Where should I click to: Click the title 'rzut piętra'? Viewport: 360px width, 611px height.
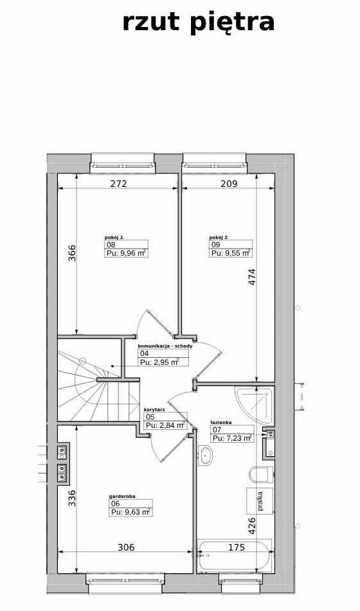[x=199, y=22]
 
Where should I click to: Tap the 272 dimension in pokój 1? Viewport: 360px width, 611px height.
[x=118, y=184]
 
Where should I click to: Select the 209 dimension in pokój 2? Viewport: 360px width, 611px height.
[x=229, y=184]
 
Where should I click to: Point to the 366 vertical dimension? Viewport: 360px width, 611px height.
[x=72, y=252]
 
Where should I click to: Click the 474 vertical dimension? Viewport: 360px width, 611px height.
[x=252, y=277]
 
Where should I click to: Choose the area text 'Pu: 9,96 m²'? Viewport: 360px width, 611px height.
[x=127, y=253]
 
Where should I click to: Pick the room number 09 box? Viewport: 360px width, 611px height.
[x=231, y=245]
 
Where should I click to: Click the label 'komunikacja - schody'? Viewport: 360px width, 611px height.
[x=165, y=346]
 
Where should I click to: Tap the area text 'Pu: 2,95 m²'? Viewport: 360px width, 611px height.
[x=159, y=362]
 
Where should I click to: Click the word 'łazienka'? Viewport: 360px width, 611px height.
[x=221, y=422]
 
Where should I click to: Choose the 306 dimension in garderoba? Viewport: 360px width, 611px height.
[x=126, y=547]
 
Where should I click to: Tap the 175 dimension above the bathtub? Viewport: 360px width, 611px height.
[x=237, y=547]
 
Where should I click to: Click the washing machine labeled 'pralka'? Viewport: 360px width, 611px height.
[x=260, y=500]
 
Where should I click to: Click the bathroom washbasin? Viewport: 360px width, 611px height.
[x=205, y=456]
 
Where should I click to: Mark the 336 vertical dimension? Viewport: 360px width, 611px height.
[x=72, y=498]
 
